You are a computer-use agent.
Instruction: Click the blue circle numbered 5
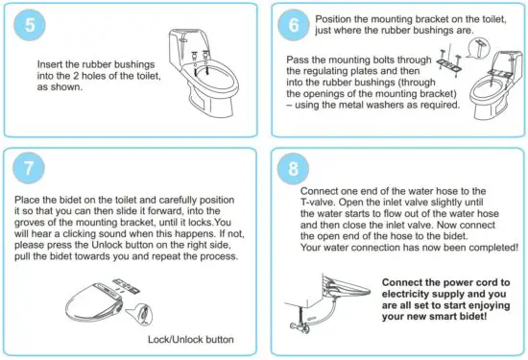click(30, 25)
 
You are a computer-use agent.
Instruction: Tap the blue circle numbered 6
click(294, 25)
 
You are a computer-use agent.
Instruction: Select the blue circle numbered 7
click(29, 168)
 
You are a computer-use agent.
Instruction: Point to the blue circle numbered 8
click(293, 168)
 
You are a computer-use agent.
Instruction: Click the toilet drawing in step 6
click(496, 84)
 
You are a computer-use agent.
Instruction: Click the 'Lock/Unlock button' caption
click(191, 339)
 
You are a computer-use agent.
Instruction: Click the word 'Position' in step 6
click(333, 19)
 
